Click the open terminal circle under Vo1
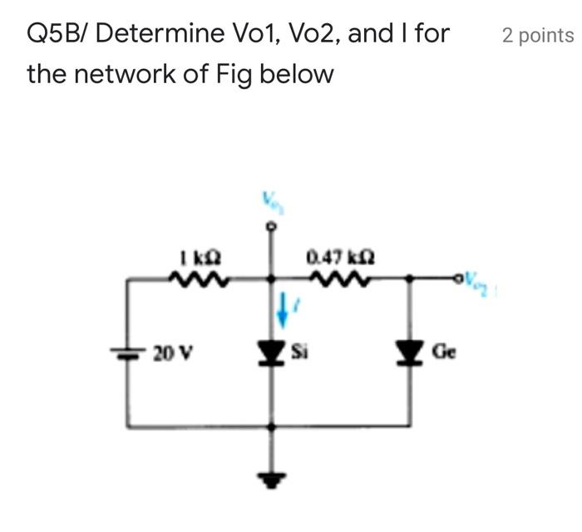tap(269, 224)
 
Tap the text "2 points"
tap(537, 36)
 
